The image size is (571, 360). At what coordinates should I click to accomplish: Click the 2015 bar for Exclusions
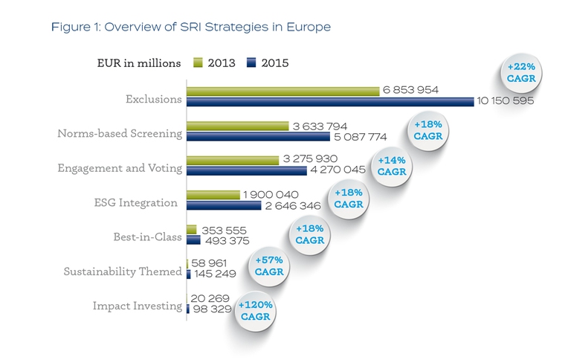point(329,101)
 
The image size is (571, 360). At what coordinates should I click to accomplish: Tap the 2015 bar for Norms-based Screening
point(258,137)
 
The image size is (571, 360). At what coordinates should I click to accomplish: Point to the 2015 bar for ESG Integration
point(224,205)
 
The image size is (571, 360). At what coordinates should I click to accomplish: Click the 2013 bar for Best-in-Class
point(191,230)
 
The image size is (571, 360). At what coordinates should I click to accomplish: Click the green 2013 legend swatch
point(198,63)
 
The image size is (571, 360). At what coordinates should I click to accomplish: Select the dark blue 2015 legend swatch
point(251,63)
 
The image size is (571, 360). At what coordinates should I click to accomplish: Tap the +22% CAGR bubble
point(520,73)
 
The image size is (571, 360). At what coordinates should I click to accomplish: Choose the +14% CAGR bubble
point(392,165)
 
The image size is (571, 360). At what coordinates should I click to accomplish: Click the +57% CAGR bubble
point(269,266)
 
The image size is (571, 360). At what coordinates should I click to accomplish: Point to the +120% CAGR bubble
point(255,311)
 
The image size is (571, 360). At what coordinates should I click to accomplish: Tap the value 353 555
point(224,230)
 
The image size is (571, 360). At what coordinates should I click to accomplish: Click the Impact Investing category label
point(137,306)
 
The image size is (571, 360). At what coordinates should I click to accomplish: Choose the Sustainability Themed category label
point(123,271)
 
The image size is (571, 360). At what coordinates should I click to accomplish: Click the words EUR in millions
point(139,63)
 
